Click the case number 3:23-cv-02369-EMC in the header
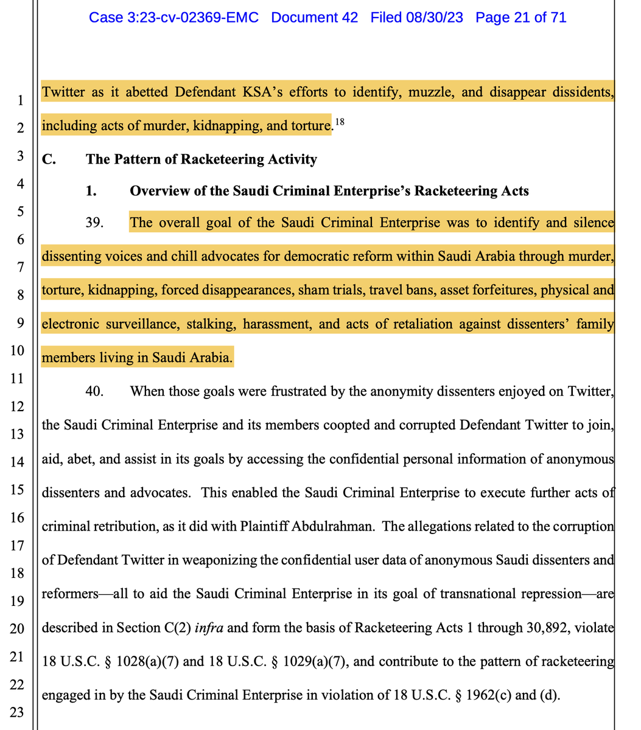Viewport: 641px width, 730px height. point(173,18)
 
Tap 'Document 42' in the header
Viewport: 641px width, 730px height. point(314,18)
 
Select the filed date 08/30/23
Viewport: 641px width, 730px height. point(435,18)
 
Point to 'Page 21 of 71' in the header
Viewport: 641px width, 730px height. point(520,18)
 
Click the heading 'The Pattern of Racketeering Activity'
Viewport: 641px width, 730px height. point(201,159)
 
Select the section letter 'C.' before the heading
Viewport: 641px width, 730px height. point(49,159)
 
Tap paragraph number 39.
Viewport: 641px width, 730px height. point(95,223)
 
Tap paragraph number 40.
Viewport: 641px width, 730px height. point(95,391)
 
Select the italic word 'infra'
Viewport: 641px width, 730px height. point(209,627)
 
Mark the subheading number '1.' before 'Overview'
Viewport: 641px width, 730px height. point(91,191)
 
